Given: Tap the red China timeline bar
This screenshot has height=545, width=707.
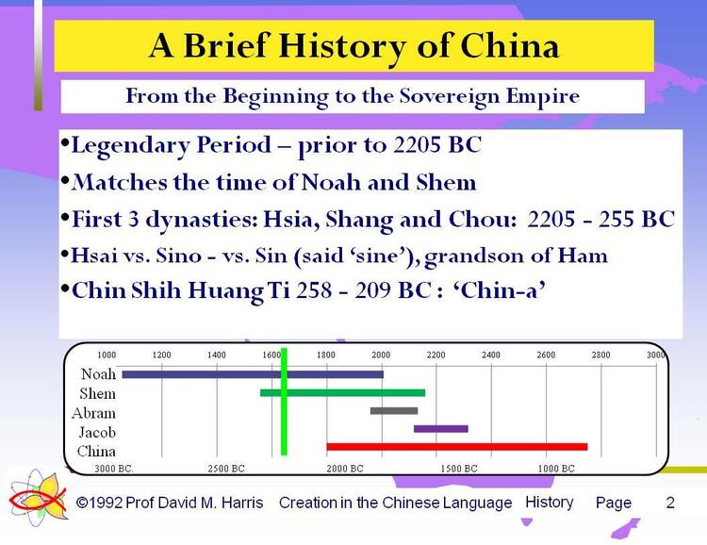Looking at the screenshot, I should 456,446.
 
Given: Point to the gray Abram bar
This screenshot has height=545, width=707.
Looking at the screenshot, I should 394,410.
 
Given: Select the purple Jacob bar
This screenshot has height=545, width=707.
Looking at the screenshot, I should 440,429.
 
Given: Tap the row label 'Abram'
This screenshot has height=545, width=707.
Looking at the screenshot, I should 93,413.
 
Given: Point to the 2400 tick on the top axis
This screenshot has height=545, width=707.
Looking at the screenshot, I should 491,355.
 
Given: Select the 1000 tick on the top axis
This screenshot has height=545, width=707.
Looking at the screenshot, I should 107,355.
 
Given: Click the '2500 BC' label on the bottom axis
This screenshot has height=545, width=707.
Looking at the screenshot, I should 225,468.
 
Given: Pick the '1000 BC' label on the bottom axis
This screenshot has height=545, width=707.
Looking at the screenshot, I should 556,468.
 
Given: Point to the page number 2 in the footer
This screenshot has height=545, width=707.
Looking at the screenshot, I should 670,503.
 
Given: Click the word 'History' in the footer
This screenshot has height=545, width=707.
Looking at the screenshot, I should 549,502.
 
